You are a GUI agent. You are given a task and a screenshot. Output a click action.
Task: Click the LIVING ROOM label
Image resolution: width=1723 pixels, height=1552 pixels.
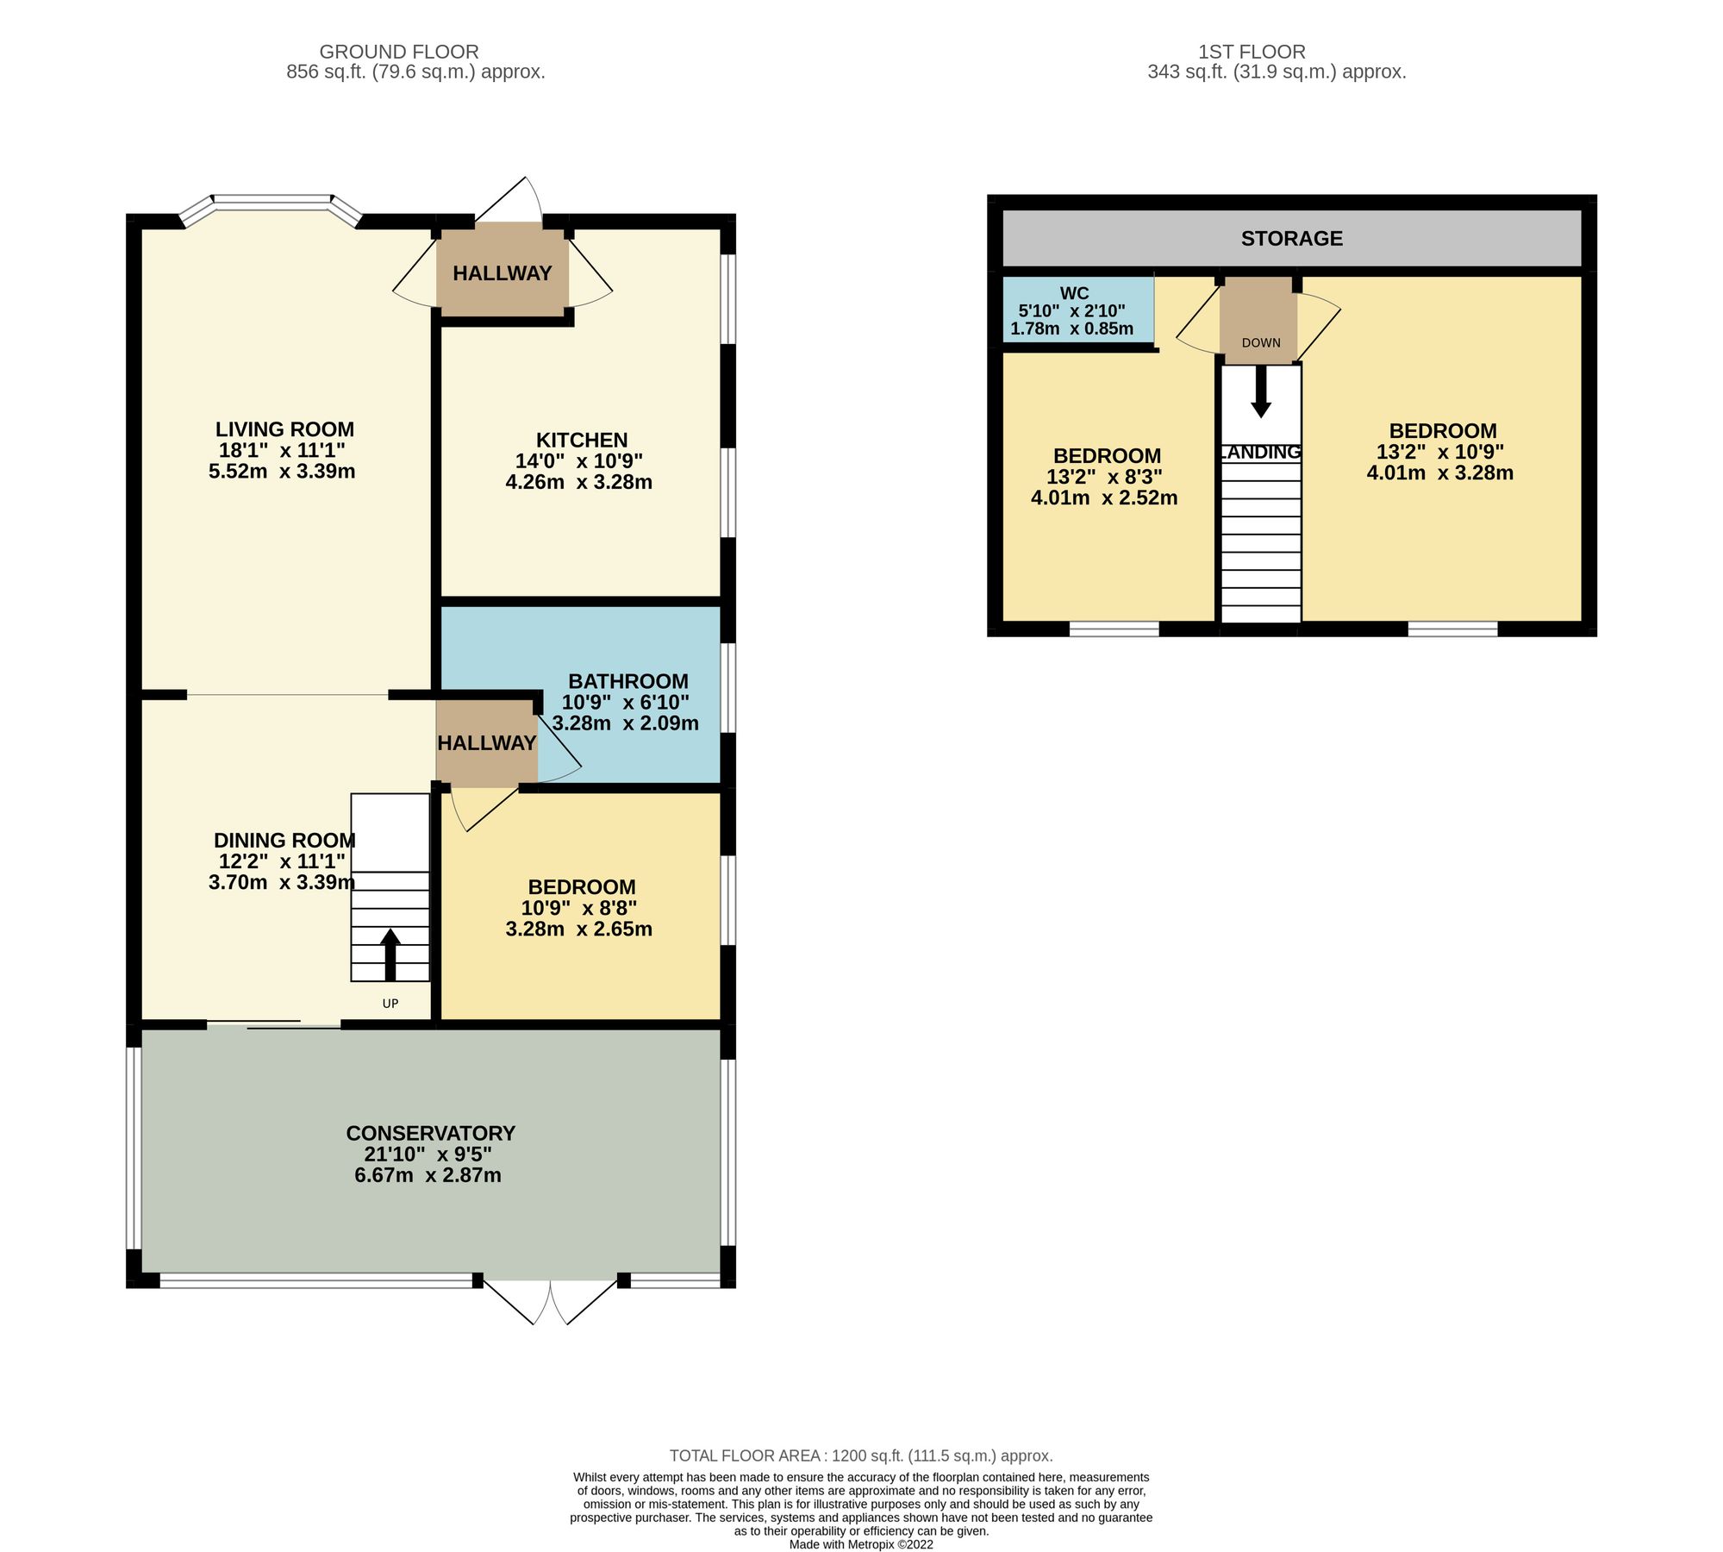(x=284, y=429)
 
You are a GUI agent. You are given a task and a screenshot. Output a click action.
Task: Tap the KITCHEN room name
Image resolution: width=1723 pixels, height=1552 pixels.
(x=582, y=440)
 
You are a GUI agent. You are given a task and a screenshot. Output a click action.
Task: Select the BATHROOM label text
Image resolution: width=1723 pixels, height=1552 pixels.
(x=628, y=681)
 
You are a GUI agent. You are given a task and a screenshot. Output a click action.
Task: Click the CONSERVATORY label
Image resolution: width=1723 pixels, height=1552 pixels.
(x=430, y=1133)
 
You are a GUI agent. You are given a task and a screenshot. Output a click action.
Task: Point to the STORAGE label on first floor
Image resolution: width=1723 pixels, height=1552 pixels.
(x=1291, y=239)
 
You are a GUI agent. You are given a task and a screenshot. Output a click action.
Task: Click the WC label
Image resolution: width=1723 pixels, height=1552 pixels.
(x=1074, y=294)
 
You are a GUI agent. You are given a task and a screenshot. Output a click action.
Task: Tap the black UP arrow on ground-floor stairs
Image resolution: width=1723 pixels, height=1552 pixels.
(x=390, y=953)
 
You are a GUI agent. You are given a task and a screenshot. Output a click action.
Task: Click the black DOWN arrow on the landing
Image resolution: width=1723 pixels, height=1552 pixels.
(x=1261, y=392)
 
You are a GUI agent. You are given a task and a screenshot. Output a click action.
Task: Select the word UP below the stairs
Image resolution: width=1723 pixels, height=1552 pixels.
(x=390, y=1004)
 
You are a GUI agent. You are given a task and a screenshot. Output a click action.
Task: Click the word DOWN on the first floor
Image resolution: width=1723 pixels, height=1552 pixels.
(x=1261, y=343)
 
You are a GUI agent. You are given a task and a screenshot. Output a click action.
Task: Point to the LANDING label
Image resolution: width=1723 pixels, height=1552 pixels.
(x=1261, y=453)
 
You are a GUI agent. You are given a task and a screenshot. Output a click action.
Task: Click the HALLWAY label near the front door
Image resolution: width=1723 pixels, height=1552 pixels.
(x=502, y=273)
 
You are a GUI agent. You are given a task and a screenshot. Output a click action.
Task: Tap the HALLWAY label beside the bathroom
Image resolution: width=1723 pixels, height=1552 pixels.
(x=486, y=743)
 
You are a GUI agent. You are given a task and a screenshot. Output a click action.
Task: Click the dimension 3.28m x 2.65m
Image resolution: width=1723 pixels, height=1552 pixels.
(x=578, y=929)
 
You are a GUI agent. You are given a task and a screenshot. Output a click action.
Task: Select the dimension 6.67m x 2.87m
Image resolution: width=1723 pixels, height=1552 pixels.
(x=428, y=1175)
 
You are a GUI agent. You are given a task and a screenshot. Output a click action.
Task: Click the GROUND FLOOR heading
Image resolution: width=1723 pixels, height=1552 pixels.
(x=398, y=52)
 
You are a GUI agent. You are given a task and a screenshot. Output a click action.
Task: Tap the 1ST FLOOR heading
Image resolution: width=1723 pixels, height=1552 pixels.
(x=1252, y=52)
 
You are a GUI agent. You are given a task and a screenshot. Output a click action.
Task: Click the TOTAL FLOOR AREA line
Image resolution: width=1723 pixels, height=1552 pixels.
(x=860, y=1455)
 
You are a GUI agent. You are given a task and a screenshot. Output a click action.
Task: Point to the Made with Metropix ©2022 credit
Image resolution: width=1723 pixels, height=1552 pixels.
(x=860, y=1544)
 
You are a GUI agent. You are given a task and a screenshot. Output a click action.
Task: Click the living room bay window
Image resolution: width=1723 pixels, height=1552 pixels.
(x=272, y=203)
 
